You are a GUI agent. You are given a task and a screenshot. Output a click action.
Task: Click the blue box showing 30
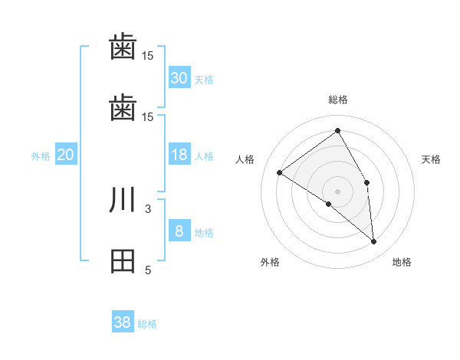click(179, 78)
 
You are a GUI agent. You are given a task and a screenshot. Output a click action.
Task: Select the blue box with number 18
click(179, 155)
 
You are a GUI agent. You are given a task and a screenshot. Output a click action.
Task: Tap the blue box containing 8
click(179, 231)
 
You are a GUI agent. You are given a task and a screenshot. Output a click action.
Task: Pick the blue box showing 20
click(65, 155)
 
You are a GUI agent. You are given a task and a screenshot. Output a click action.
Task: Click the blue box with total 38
click(123, 322)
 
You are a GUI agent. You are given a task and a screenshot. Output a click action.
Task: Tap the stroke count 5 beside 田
click(148, 270)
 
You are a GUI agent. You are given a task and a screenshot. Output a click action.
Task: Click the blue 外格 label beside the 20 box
click(41, 156)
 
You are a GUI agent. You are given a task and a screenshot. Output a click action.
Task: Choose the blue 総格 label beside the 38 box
click(147, 324)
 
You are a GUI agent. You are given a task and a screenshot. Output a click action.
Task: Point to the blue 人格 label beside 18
click(204, 156)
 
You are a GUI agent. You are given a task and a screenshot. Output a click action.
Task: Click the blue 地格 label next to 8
click(204, 233)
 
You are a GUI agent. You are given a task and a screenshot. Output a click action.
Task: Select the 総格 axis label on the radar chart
click(338, 100)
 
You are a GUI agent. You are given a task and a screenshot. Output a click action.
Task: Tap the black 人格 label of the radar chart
click(245, 159)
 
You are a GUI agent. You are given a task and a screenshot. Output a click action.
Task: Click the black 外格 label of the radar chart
click(270, 262)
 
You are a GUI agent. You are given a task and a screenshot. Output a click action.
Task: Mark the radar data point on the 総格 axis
click(338, 131)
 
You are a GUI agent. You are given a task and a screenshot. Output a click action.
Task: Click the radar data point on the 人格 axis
click(280, 172)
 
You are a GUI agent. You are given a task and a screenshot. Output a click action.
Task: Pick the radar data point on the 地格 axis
click(374, 241)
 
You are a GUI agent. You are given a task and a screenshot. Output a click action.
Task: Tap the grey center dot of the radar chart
click(338, 191)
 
